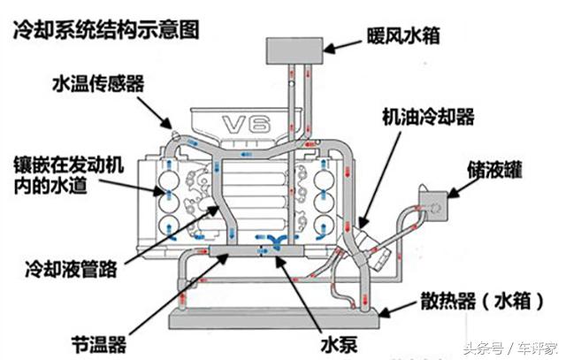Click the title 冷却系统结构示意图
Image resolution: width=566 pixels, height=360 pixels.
point(104,29)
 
